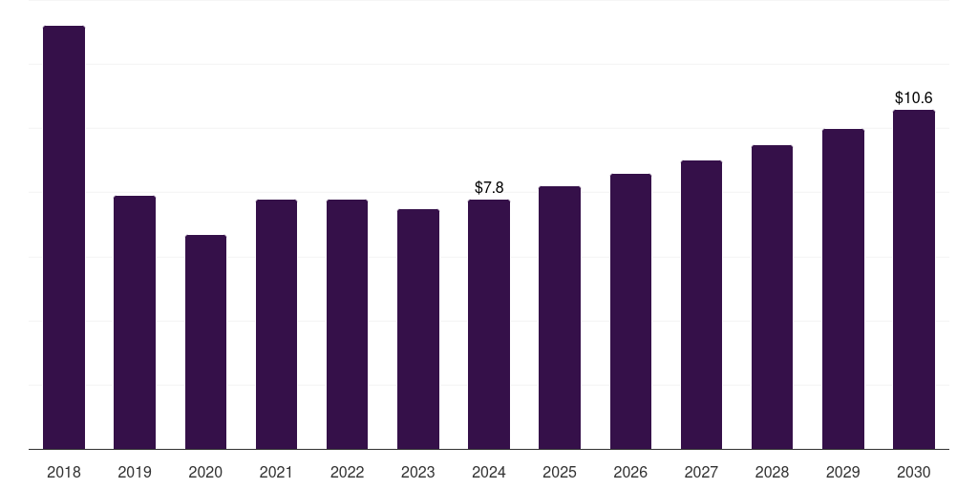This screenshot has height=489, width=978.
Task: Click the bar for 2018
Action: coord(64,238)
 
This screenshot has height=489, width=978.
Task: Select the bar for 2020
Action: coord(206,343)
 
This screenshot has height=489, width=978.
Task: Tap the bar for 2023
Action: coord(418,330)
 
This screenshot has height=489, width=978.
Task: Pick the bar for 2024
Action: coord(489,325)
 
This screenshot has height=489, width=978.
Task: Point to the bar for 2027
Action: coord(702,305)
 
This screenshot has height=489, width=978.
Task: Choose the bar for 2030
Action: coord(914,280)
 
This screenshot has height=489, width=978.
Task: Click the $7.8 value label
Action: coord(489,188)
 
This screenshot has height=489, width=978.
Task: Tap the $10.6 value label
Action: coord(914,98)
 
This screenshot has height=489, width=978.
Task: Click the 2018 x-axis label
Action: coord(64,473)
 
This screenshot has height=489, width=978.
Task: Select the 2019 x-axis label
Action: coord(135,473)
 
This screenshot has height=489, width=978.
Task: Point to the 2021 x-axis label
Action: coord(276,473)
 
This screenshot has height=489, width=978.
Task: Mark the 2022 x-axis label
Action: coord(347,473)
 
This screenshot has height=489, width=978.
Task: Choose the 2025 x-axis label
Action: coord(560,473)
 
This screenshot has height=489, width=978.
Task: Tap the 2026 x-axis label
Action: coord(630,473)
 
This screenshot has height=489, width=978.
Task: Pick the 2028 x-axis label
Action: coord(772,473)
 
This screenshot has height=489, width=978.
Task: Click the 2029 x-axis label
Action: coord(843,473)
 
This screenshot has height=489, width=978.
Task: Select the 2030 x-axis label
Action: coord(914,473)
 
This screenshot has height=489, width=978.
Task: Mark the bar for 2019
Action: coord(135,323)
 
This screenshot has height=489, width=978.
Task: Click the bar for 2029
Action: coord(843,289)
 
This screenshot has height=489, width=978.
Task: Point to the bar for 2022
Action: coord(347,325)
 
